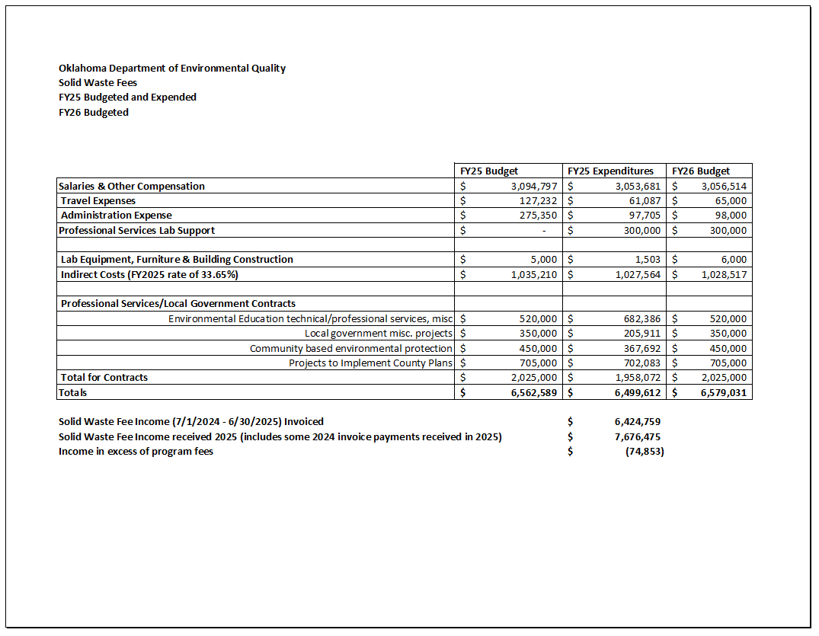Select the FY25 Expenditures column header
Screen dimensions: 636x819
click(611, 171)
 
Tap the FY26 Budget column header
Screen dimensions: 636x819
click(700, 171)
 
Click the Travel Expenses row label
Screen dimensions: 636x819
click(98, 201)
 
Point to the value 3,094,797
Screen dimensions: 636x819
click(534, 187)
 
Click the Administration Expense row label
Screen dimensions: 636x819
click(117, 216)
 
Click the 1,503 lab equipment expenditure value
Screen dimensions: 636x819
click(647, 260)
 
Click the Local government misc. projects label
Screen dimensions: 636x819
click(379, 334)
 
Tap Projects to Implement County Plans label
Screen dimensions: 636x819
click(370, 363)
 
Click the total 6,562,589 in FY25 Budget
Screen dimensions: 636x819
click(533, 393)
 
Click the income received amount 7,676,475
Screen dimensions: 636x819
click(637, 437)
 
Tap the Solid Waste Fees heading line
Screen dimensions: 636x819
click(98, 83)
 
